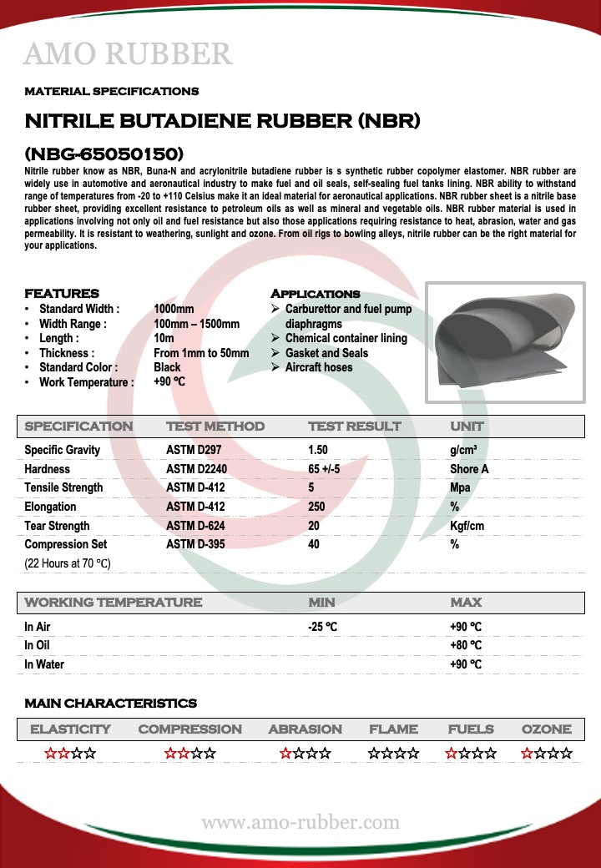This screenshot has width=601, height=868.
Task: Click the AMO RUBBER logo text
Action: point(128,54)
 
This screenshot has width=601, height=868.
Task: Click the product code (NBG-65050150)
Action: point(104,154)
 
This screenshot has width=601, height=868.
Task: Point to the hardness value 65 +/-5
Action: point(324,469)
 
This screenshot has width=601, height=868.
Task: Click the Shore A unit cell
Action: point(469,469)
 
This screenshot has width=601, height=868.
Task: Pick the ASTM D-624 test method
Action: point(195,526)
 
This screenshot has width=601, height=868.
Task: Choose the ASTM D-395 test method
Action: point(195,545)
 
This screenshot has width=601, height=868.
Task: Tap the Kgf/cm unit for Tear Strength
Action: point(467,526)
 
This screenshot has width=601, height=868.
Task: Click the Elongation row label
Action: point(50,507)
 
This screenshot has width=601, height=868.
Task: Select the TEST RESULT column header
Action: point(354,426)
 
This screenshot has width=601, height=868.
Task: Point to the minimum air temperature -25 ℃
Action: point(324,627)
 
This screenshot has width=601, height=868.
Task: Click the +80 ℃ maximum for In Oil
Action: point(466,645)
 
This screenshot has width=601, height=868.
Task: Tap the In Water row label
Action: point(44,664)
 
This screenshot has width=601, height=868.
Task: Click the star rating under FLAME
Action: point(393,754)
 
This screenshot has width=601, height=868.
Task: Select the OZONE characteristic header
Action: point(546,729)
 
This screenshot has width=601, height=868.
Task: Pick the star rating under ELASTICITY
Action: point(70,754)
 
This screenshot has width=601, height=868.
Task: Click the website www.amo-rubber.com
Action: point(300,823)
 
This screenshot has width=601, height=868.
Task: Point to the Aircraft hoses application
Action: point(318,367)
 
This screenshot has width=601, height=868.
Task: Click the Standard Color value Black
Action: point(167,367)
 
